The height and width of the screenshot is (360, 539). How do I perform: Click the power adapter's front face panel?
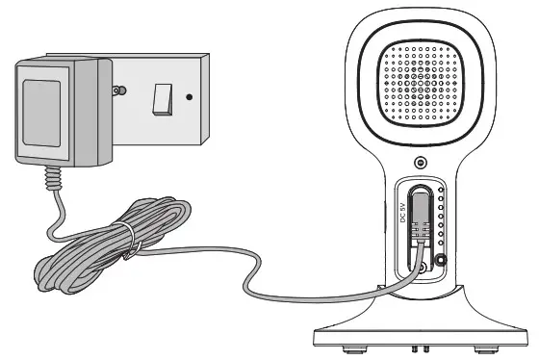tap(43, 111)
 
